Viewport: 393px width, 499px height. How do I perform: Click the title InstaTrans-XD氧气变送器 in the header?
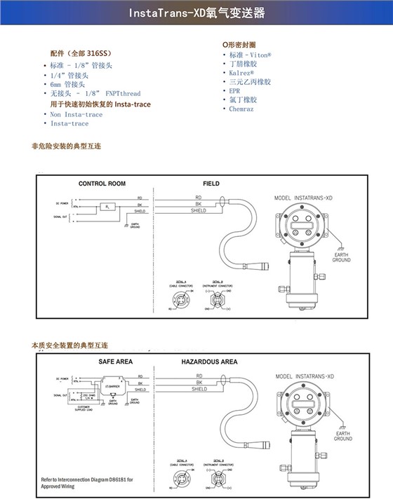pos(196,13)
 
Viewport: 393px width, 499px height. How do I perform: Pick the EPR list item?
pos(234,91)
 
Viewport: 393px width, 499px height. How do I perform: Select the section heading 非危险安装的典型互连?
pos(67,147)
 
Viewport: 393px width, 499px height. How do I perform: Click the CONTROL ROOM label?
pos(102,184)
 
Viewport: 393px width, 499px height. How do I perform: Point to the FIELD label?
pos(211,184)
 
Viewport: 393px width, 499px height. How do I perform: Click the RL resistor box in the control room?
pos(106,207)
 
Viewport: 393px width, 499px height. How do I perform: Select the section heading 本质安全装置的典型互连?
pos(70,346)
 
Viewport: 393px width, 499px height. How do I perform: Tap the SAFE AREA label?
pos(115,362)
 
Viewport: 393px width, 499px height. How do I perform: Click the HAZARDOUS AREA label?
pos(209,362)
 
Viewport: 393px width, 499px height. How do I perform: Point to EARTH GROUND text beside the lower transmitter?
pos(342,437)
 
